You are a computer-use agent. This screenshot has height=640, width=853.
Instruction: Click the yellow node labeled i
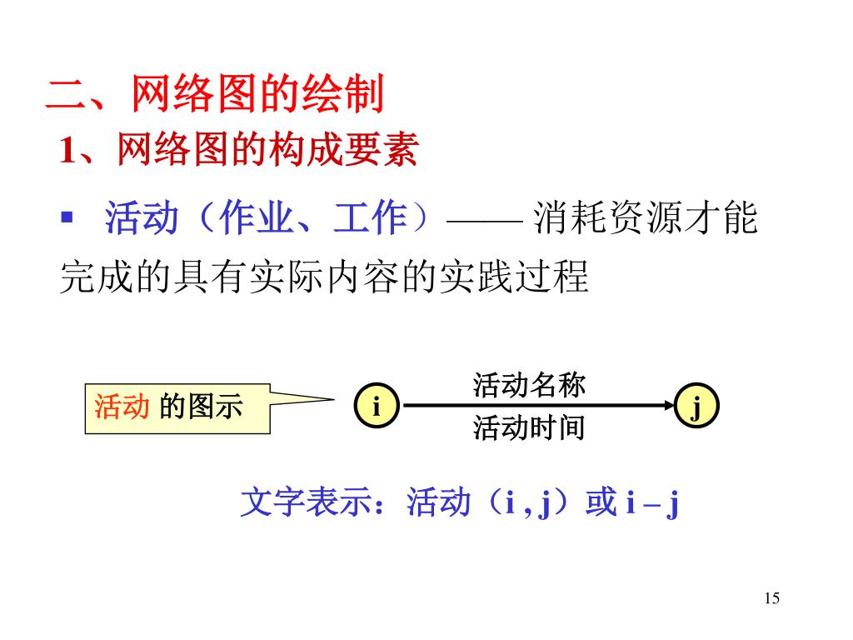(376, 407)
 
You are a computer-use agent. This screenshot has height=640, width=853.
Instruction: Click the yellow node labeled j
(696, 407)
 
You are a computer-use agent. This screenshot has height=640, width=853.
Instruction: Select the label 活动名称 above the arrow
(529, 385)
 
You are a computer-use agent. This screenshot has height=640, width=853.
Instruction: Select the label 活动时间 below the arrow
(529, 428)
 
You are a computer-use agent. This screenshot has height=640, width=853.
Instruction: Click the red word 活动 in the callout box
(122, 407)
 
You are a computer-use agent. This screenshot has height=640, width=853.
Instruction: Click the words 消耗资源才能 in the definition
(646, 220)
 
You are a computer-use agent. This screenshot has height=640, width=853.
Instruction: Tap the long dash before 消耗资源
(485, 222)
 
